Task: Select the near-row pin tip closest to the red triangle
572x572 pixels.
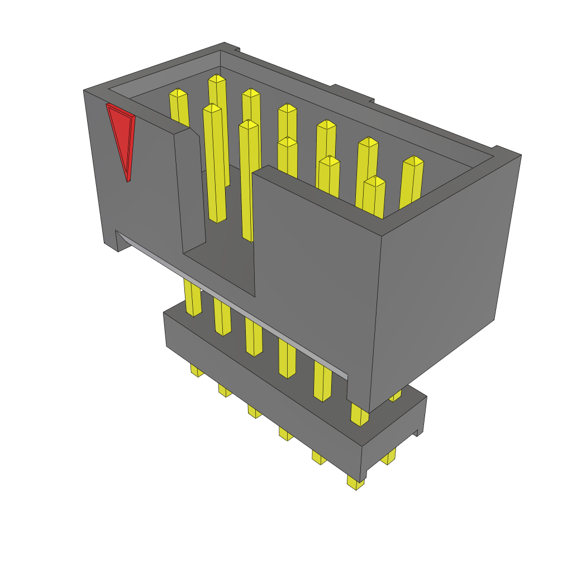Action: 212,108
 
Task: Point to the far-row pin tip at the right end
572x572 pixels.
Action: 413,161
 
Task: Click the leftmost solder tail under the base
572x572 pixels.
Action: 196,370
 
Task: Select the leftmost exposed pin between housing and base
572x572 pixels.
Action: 192,299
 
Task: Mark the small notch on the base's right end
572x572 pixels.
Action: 418,432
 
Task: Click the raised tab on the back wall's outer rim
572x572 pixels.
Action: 352,93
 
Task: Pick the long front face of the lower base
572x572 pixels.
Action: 263,385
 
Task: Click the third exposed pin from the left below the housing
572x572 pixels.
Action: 254,338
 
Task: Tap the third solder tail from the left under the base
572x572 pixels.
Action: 255,412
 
